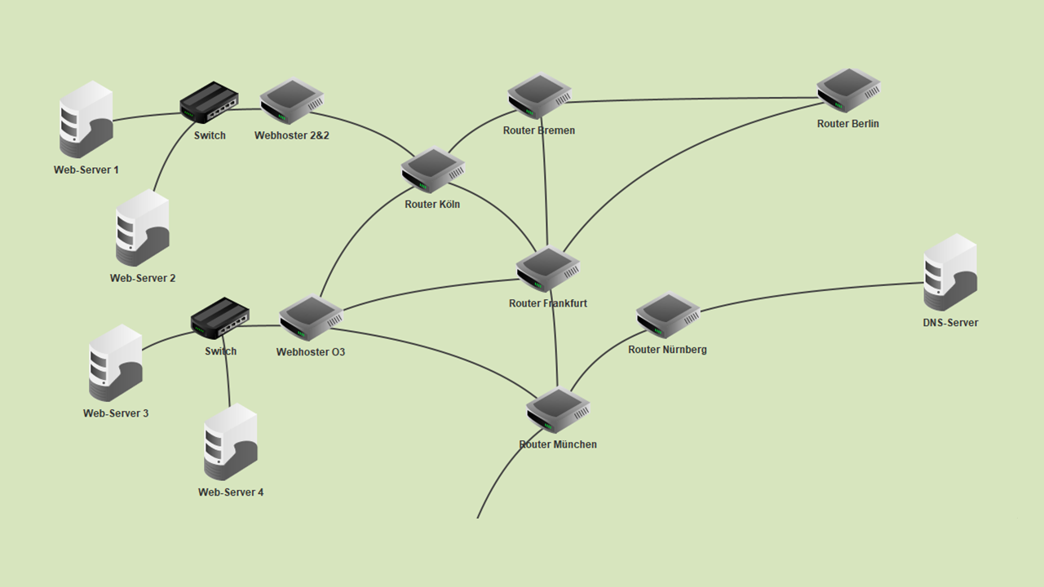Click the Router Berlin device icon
(848, 90)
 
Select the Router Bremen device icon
(539, 96)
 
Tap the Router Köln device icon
(432, 170)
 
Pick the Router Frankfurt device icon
(548, 268)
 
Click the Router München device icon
(558, 409)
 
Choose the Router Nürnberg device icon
(668, 315)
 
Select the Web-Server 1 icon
(86, 119)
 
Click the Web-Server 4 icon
(231, 442)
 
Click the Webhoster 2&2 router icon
(292, 101)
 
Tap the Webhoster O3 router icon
(311, 318)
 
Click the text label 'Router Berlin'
(848, 124)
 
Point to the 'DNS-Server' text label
(950, 323)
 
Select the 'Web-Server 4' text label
(231, 492)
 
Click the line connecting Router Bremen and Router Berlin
(693, 99)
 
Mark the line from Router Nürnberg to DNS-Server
(807, 293)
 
